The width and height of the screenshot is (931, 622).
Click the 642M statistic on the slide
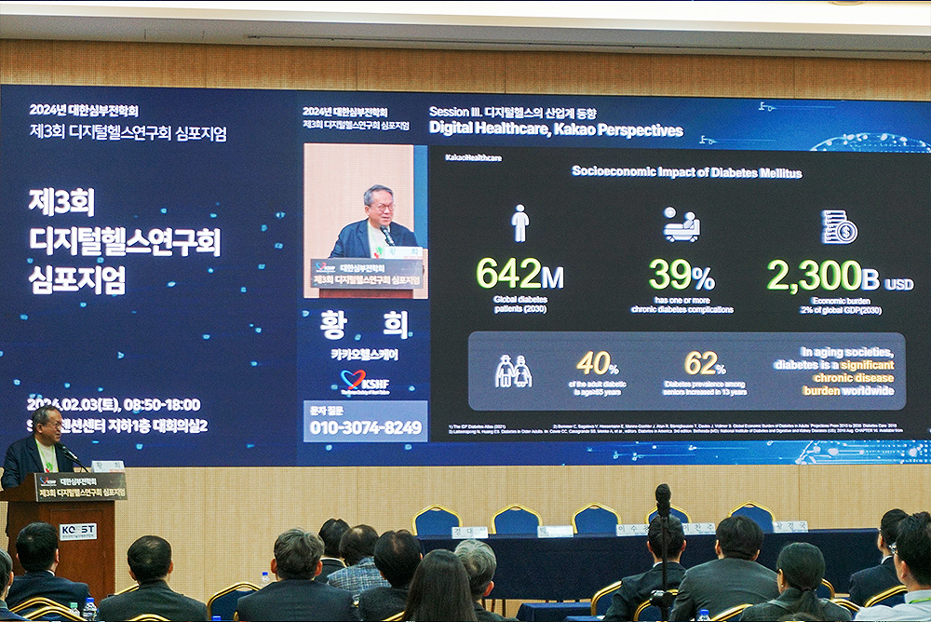click(519, 275)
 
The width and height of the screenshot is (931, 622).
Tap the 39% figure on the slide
click(681, 276)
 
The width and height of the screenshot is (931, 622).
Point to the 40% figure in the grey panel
click(598, 363)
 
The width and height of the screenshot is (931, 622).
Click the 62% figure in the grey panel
click(705, 363)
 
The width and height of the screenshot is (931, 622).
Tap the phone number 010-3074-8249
click(365, 427)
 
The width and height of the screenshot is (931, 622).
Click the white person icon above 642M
click(520, 223)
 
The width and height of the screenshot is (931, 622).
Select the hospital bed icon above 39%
click(681, 225)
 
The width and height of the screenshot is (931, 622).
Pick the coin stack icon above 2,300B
click(839, 226)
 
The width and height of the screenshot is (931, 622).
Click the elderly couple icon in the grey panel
click(513, 371)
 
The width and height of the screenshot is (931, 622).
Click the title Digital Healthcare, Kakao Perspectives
click(556, 130)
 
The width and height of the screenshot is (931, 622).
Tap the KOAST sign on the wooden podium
click(78, 531)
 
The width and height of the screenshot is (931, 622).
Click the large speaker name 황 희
click(365, 325)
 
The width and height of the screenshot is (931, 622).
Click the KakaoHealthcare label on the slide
click(473, 157)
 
